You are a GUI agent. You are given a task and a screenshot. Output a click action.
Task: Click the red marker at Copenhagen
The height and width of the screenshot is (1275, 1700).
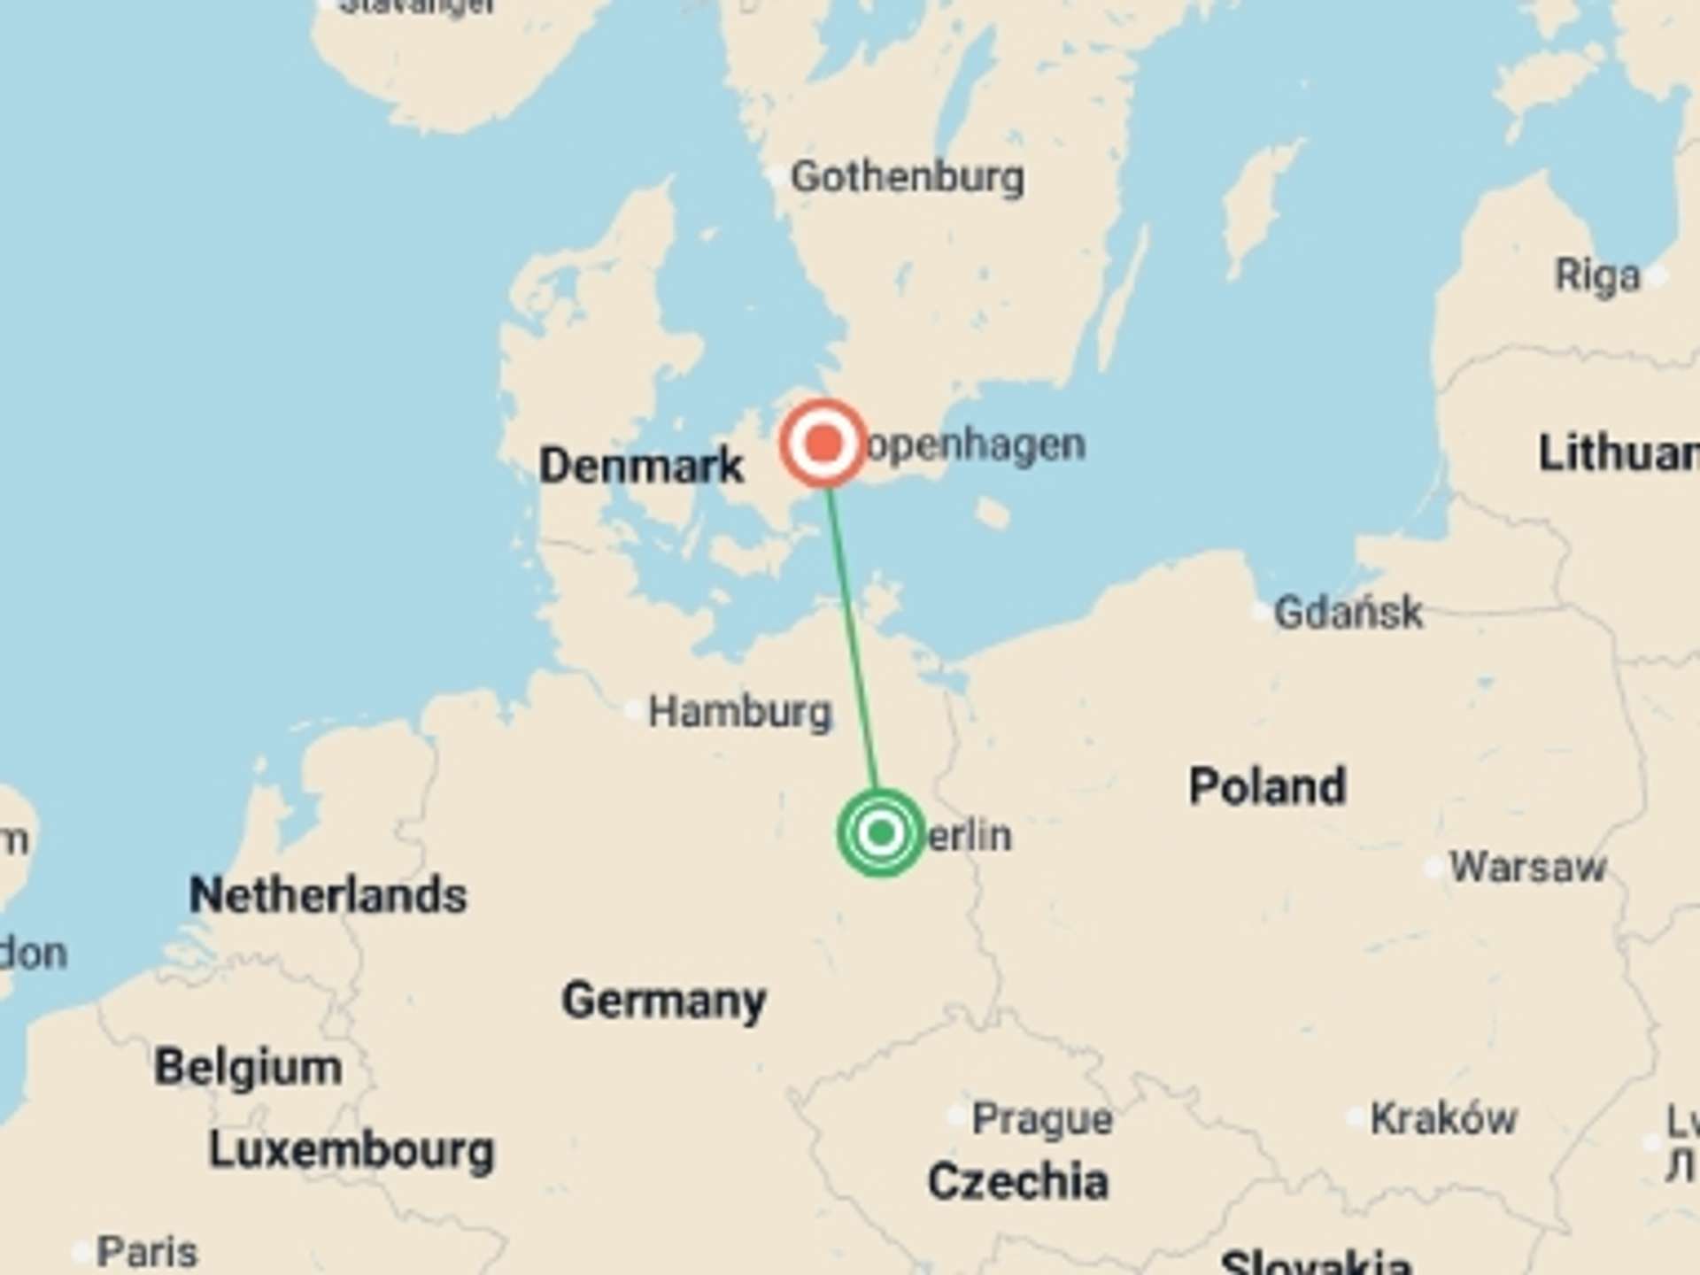point(823,443)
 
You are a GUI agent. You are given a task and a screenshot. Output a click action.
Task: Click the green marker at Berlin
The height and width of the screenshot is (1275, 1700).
point(880,832)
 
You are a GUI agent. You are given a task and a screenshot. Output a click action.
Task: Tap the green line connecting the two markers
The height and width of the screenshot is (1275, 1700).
point(852,637)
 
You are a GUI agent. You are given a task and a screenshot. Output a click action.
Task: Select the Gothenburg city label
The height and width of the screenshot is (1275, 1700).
point(908,177)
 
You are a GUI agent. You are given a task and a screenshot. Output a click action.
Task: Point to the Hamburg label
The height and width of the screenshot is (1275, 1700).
point(740,712)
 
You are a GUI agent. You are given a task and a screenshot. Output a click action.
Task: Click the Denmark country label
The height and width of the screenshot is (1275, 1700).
point(641,465)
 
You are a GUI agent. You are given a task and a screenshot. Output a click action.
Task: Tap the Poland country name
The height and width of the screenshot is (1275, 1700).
point(1267,786)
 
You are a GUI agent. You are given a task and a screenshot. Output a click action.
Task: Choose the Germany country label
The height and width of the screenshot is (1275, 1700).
point(664,1001)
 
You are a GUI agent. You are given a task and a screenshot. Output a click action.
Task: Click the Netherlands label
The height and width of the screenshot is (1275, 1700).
point(328,894)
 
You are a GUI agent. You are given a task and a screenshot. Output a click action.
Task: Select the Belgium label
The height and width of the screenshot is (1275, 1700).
point(248,1067)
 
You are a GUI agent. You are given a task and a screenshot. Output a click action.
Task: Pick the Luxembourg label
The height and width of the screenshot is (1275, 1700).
point(351,1150)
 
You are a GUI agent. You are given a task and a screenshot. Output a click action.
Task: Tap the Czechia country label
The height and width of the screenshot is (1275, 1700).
point(1018,1181)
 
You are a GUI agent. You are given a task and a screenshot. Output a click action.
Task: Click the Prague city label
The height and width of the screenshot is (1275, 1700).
point(1042,1119)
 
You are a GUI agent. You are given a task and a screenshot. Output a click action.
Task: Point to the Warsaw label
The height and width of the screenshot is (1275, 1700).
point(1527,867)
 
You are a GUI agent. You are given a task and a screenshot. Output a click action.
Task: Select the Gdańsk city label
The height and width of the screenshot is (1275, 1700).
point(1348,612)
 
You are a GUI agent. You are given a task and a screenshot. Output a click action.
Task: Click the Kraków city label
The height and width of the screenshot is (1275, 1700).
point(1443,1119)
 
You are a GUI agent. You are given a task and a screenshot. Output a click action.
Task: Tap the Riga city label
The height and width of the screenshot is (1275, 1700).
point(1598,275)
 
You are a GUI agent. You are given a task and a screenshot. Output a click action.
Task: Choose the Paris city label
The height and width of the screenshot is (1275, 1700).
point(147,1252)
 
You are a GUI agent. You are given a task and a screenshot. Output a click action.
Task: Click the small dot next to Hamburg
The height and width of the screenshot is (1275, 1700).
point(634,709)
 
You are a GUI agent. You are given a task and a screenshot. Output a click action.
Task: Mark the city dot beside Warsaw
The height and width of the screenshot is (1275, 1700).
point(1434,868)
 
